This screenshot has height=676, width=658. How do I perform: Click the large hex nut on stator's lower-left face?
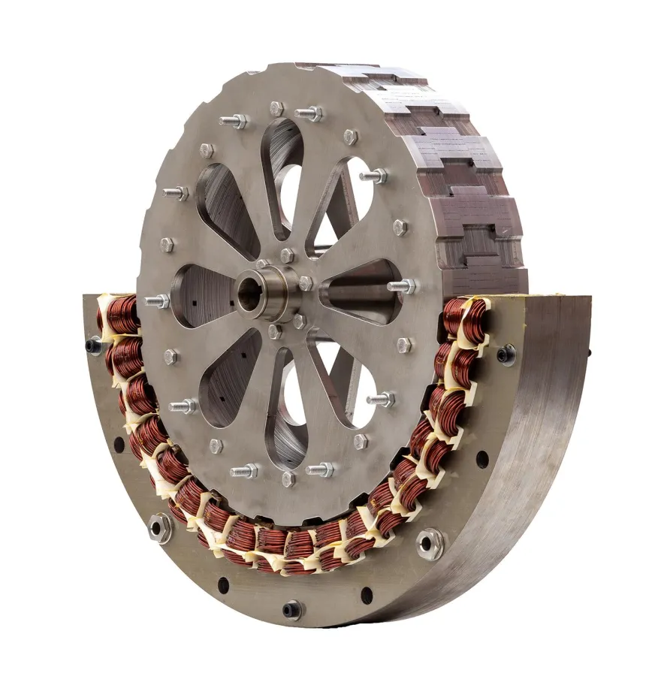pos(160,527)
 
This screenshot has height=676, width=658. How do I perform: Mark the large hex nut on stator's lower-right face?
pos(430,541)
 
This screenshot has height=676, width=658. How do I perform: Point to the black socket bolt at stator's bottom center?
pos(292,608)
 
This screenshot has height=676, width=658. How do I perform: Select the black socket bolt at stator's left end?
pos(94,346)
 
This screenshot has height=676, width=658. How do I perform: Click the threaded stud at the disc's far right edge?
pos(403,286)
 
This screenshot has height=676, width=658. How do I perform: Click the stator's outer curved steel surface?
pos(518,481)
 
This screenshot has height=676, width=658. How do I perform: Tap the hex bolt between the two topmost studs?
pos(276,109)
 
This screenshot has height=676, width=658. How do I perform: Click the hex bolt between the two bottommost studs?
pos(288,479)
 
